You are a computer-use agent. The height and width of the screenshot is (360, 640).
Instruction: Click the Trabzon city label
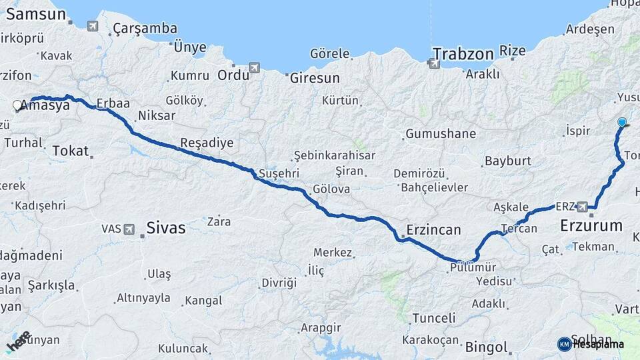(463, 53)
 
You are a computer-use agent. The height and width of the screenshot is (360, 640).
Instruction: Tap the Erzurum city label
(591, 225)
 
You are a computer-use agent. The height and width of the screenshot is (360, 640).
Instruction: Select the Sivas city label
(166, 228)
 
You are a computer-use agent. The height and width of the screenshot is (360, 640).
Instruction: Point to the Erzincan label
(433, 230)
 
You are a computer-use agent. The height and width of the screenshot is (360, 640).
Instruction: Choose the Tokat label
(70, 151)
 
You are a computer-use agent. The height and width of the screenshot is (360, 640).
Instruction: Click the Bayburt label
(508, 161)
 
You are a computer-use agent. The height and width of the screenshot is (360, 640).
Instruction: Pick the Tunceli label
(433, 318)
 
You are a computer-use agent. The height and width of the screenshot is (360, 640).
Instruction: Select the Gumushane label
(440, 133)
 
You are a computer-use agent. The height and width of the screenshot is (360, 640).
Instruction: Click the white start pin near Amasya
(17, 105)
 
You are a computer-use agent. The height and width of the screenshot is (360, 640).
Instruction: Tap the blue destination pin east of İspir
(622, 123)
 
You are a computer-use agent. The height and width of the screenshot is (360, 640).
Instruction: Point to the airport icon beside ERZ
(583, 207)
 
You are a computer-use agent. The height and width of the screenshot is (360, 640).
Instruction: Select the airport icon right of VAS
(129, 229)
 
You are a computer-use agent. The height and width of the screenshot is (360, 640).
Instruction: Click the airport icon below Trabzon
(434, 64)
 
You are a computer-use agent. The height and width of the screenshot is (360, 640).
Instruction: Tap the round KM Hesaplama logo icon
(564, 344)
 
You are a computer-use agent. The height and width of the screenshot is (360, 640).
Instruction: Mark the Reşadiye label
(207, 143)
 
